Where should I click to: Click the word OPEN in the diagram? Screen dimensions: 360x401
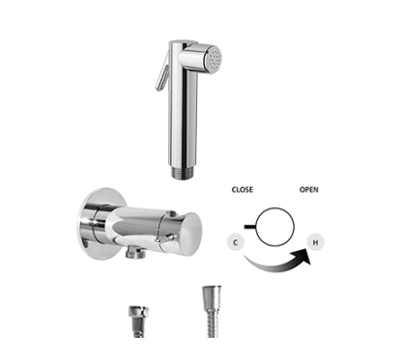[x=310, y=190]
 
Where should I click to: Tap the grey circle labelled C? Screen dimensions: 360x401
[x=238, y=241]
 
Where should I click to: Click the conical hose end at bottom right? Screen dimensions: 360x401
[x=208, y=299]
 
